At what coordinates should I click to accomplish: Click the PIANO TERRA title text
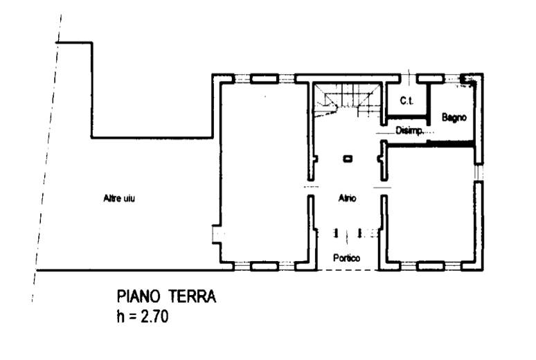click(x=166, y=296)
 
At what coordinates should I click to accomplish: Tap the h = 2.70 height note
click(x=142, y=316)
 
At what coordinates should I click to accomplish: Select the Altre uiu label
click(x=119, y=198)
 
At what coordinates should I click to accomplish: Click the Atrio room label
click(x=348, y=198)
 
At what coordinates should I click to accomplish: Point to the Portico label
click(x=347, y=258)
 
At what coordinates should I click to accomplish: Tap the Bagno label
click(x=454, y=117)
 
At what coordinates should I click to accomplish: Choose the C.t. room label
click(x=407, y=101)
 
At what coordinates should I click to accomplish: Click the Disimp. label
click(x=410, y=130)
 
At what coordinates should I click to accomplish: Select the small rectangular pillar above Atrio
click(x=348, y=159)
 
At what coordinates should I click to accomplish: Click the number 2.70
click(x=154, y=316)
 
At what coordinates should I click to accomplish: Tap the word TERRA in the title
click(x=191, y=296)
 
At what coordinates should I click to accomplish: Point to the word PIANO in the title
click(x=139, y=296)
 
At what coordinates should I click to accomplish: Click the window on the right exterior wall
click(x=479, y=172)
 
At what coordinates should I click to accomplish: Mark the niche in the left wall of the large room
click(x=217, y=234)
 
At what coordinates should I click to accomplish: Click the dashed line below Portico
click(x=348, y=270)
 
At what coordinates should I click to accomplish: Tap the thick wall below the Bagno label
click(x=431, y=144)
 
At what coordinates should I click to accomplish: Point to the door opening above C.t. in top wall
click(x=409, y=79)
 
